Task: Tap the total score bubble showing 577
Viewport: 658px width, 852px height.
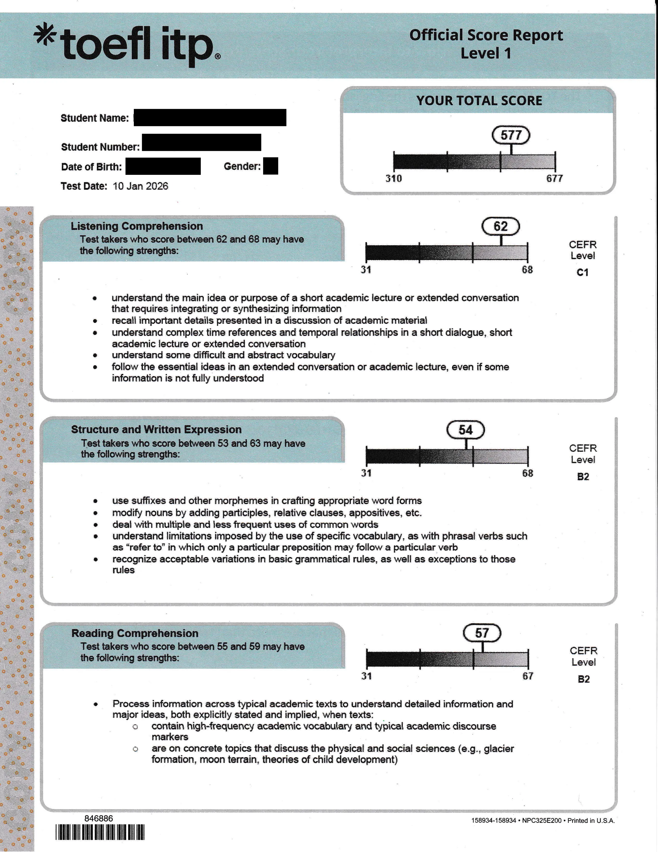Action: pos(511,135)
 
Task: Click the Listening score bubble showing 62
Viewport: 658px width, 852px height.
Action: pos(501,226)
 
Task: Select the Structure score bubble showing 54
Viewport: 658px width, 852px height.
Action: pos(465,430)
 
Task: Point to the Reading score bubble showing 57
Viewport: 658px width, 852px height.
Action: pos(482,633)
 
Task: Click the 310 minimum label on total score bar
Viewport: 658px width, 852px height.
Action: pos(393,179)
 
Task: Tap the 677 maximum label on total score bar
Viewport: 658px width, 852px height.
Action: pos(554,179)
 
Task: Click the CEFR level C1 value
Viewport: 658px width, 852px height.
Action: pos(582,273)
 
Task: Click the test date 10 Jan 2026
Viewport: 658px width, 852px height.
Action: pos(141,186)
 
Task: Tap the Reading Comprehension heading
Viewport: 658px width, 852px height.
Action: pos(135,633)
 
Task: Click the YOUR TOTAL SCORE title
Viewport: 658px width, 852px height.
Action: pos(479,101)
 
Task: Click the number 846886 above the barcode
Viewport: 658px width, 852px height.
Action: pos(99,818)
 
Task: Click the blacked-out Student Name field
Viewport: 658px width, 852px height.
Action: pos(210,117)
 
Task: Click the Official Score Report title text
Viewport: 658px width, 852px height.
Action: pos(486,35)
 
